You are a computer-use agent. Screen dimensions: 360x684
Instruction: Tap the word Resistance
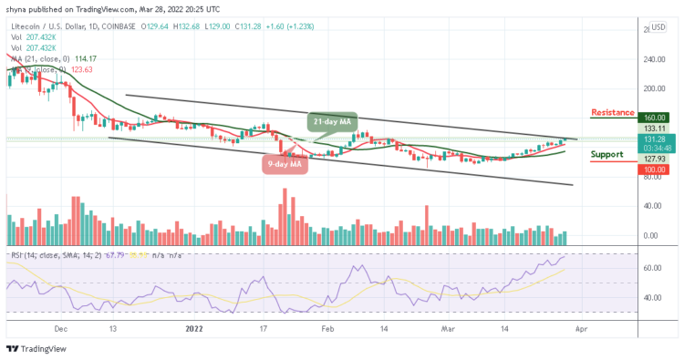pyautogui.click(x=613, y=112)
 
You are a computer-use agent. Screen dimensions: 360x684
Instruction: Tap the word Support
pyautogui.click(x=608, y=154)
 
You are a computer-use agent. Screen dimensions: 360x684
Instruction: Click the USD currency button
pyautogui.click(x=658, y=26)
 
